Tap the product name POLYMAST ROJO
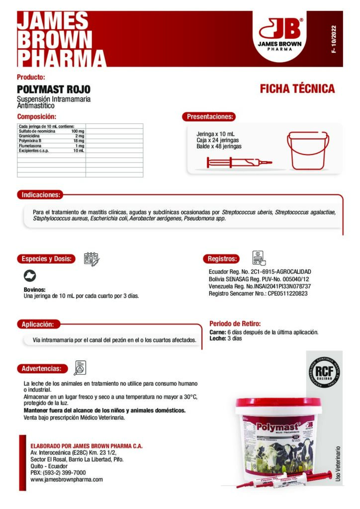54,89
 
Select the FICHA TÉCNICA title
297,89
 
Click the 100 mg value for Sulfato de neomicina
78,131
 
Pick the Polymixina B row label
30,141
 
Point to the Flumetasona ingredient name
30,146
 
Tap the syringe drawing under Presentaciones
239,162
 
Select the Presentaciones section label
209,117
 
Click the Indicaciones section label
41,195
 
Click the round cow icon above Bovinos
30,276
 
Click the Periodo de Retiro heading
235,324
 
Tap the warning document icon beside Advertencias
80,368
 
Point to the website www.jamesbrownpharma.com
67,480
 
